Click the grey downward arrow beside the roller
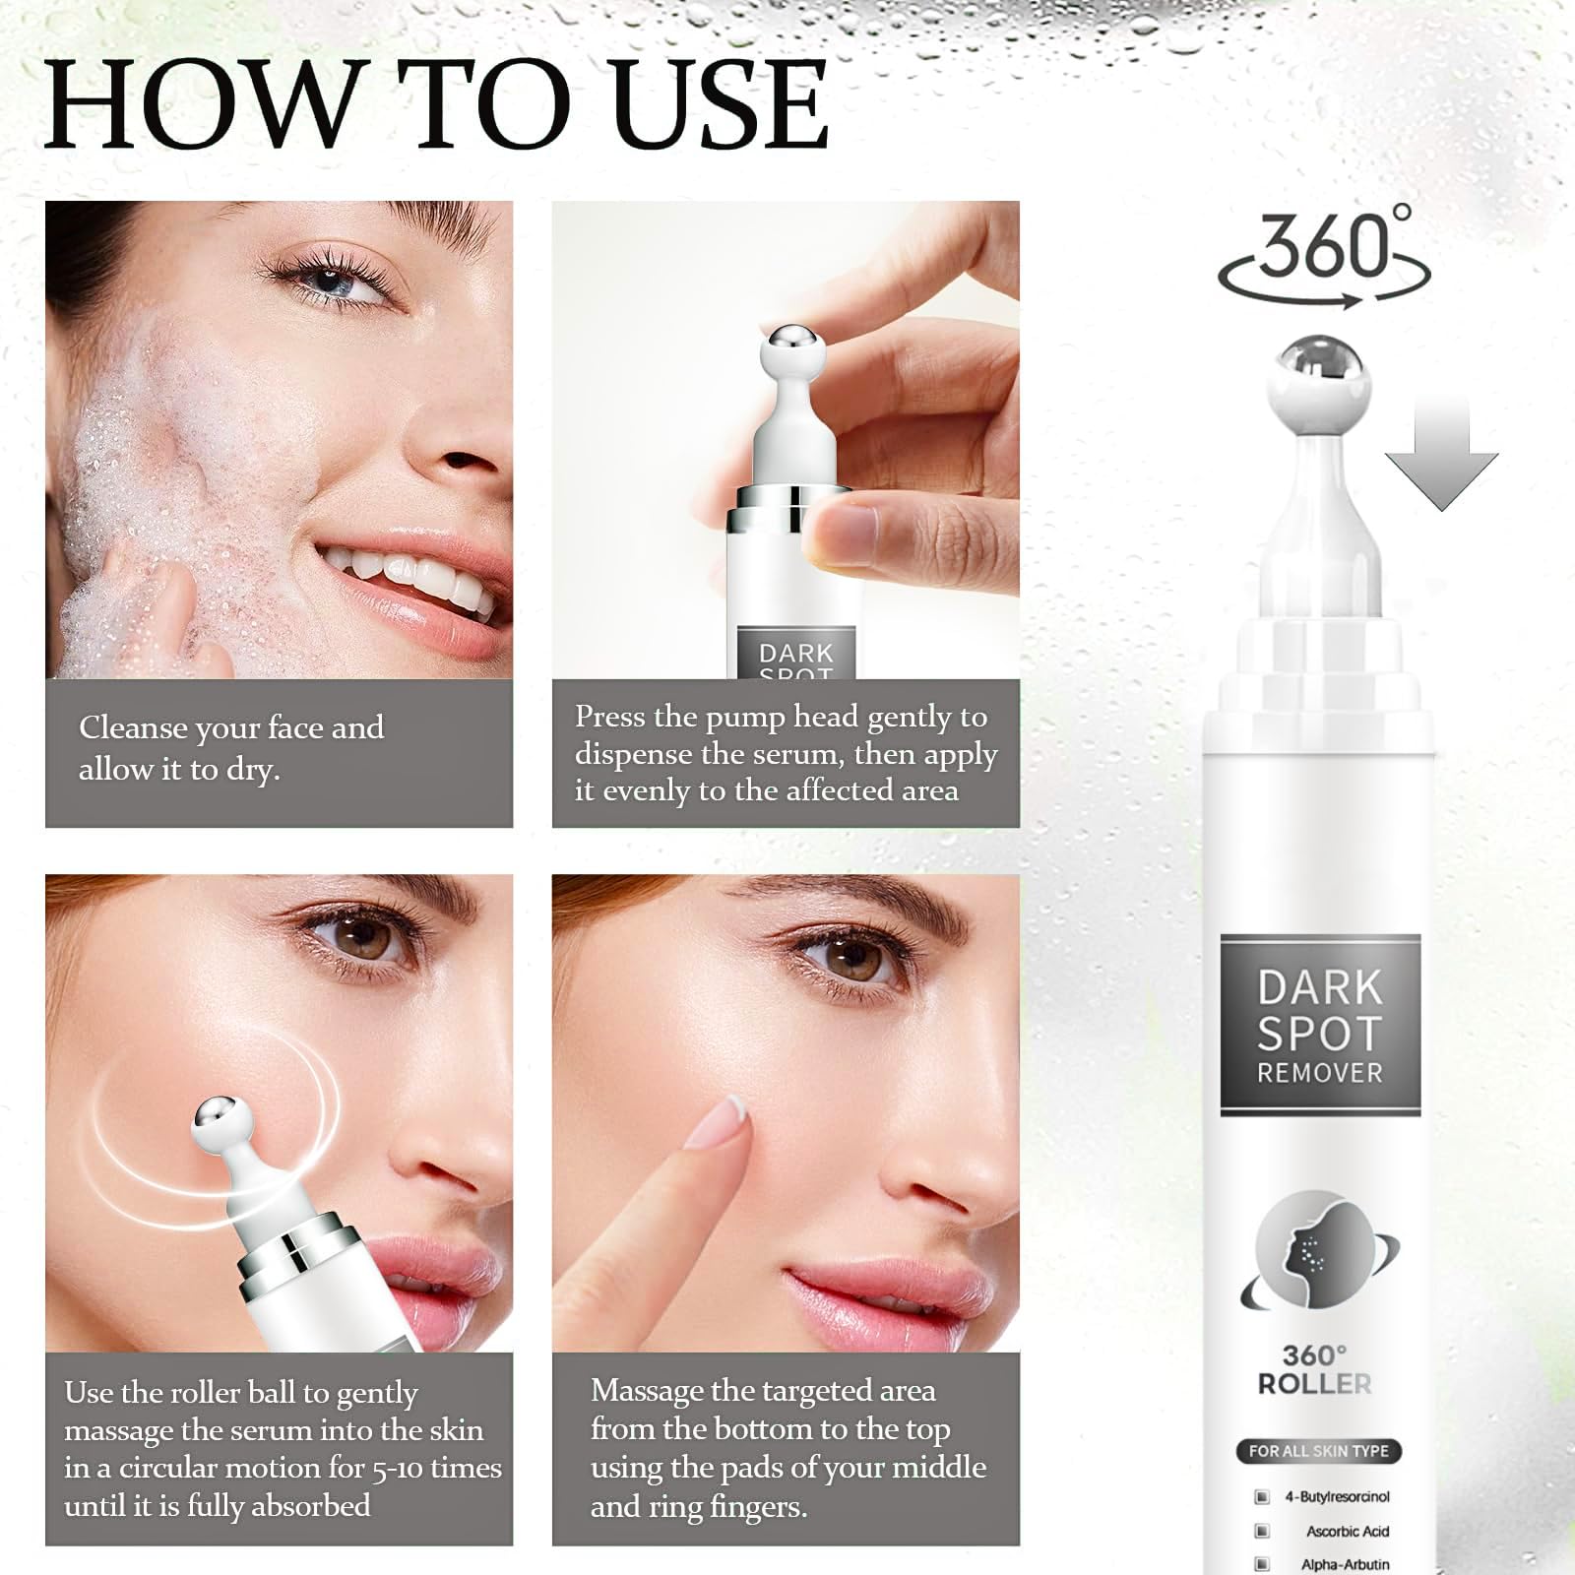[1441, 453]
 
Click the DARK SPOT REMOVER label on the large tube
[1320, 1026]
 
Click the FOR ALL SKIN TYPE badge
[1318, 1451]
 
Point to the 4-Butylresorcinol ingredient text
[1337, 1496]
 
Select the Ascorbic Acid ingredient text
[1348, 1531]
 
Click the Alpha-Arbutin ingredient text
[1345, 1564]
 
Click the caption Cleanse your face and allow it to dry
[231, 748]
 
